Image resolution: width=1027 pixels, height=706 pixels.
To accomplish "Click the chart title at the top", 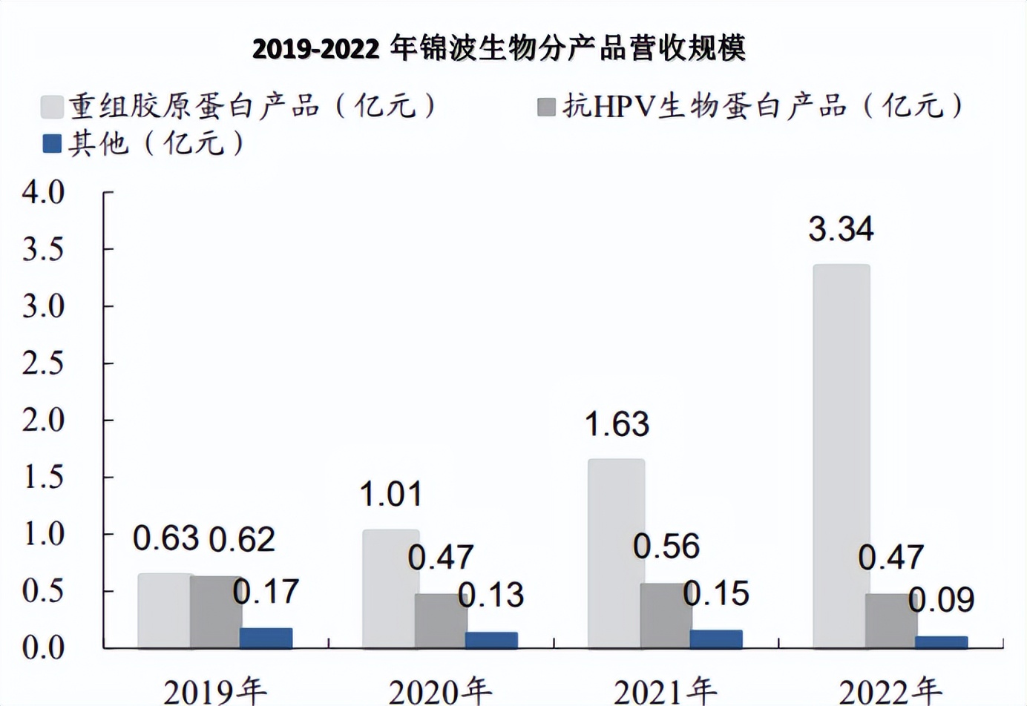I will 499,49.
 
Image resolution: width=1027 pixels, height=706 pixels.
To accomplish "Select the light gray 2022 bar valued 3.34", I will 841,455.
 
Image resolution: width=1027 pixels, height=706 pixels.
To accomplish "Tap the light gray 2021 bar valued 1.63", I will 616,552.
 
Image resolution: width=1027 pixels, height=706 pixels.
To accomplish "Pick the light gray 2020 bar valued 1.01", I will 390,588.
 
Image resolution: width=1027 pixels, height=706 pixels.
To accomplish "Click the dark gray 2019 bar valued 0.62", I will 215,611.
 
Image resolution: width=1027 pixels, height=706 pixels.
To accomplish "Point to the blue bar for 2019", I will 266,638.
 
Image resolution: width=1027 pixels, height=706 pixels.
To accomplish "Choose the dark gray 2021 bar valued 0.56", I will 665,615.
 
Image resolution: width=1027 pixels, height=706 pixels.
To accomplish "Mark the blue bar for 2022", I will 941,642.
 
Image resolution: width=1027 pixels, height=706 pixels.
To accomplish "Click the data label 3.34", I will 841,228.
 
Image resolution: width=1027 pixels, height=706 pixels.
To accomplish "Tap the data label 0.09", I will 941,600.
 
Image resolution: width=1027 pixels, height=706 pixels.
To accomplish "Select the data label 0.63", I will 166,538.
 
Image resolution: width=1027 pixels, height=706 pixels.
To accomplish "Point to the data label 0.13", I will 491,595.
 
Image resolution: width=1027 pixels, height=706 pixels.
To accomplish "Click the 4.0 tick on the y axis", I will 44,192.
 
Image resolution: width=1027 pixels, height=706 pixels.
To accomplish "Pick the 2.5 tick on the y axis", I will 44,363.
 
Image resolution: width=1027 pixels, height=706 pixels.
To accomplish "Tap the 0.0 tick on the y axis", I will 44,648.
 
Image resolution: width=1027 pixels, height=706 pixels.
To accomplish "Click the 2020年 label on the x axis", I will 440,691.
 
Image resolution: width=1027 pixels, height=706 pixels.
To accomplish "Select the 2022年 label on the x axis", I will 890,691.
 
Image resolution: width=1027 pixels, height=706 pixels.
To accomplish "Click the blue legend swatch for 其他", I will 52,143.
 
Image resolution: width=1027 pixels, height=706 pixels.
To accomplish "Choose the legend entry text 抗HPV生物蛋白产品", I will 703,106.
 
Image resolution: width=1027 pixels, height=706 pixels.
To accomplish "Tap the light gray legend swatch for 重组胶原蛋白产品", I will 52,107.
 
